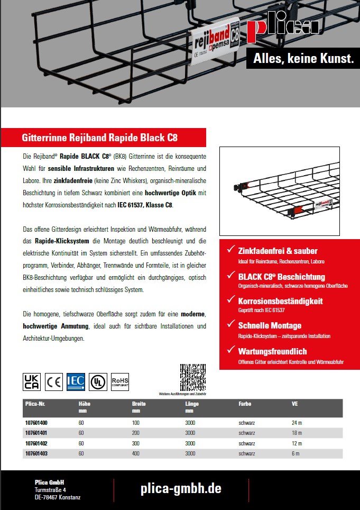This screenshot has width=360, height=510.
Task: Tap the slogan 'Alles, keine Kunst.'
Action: pos(303,59)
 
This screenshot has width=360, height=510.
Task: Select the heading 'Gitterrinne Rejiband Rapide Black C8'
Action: pos(99,139)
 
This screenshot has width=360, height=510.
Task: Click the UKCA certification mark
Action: pos(32,381)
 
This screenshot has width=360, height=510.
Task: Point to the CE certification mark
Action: pos(53,381)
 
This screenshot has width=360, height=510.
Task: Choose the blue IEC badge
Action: pos(76,381)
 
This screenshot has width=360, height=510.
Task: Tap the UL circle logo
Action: pos(98,381)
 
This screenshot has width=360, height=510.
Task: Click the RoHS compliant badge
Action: pos(120,381)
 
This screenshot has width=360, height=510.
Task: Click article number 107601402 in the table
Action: pos(36,443)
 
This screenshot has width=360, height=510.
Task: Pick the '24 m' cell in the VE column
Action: pos(297,423)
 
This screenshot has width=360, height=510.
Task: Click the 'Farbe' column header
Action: pos(245,404)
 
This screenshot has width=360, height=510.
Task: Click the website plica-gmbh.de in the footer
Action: pos(181,488)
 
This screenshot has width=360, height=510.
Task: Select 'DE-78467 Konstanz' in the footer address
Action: pos(58,497)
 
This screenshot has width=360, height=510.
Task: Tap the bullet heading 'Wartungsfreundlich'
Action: pos(272,351)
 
